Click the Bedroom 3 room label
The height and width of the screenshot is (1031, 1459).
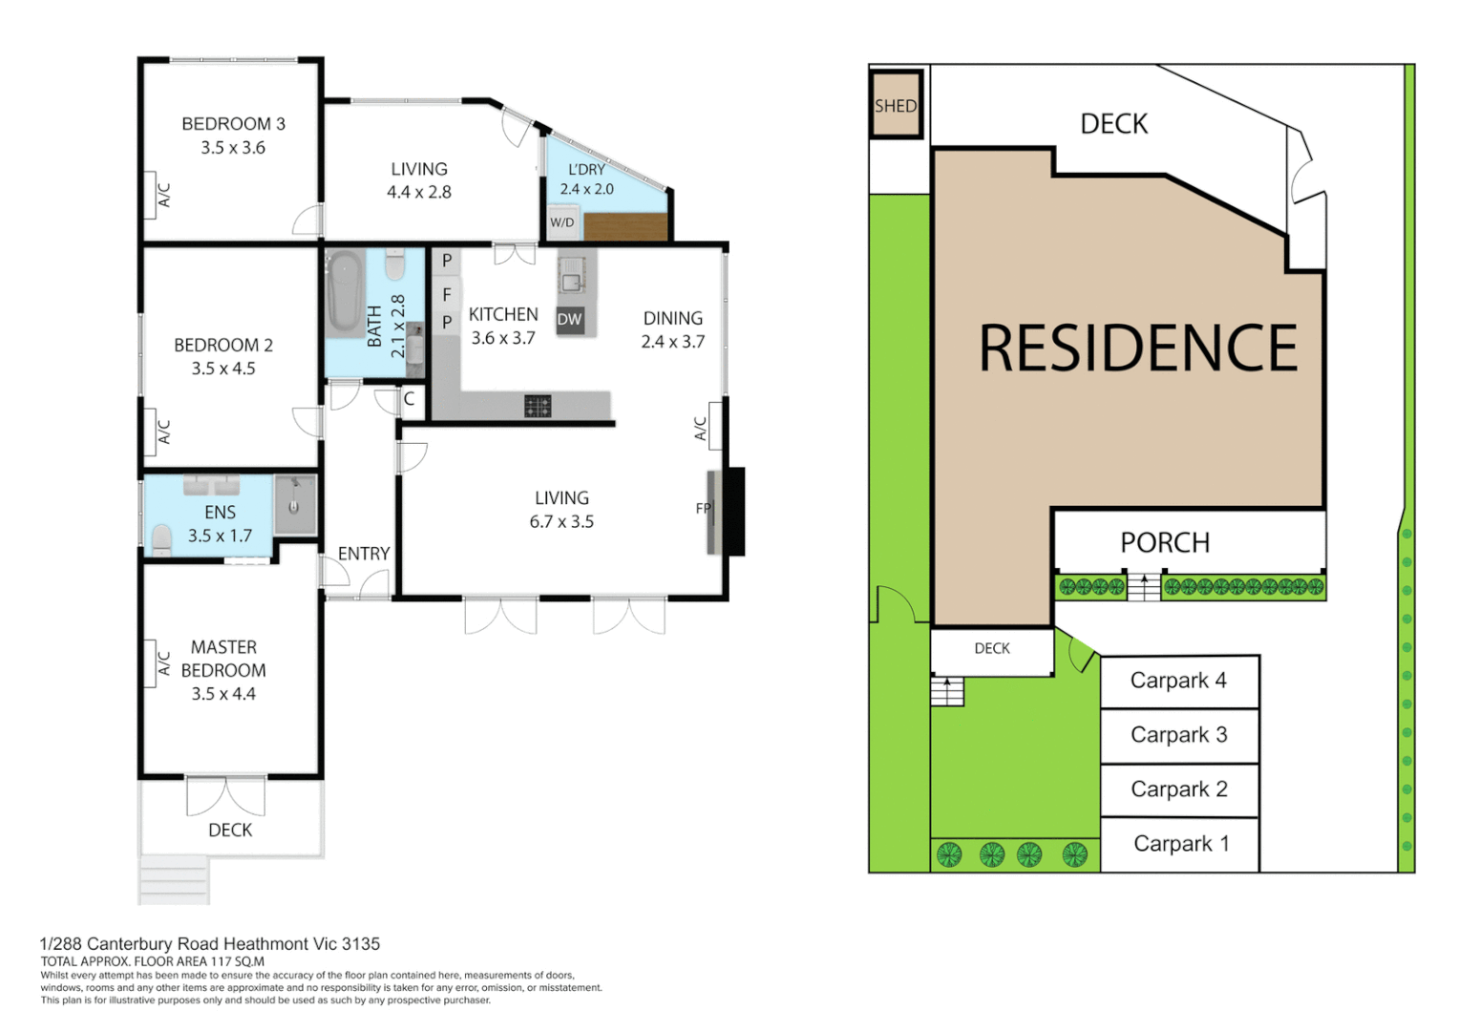click(x=233, y=124)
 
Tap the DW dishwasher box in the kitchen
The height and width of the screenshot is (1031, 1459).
click(x=569, y=320)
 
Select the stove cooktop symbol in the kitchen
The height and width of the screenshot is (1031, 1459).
click(x=538, y=407)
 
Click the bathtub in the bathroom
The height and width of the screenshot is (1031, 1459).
click(x=344, y=292)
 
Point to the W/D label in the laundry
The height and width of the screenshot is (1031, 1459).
click(x=562, y=222)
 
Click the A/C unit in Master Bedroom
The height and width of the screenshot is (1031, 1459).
click(x=163, y=663)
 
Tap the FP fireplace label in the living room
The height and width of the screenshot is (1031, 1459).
click(x=704, y=508)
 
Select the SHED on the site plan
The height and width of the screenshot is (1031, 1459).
click(x=896, y=105)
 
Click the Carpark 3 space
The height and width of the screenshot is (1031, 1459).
click(x=1179, y=735)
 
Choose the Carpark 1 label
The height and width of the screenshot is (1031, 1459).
click(x=1181, y=844)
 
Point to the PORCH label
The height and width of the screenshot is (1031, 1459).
click(x=1165, y=542)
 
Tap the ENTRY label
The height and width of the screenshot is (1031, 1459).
click(x=364, y=554)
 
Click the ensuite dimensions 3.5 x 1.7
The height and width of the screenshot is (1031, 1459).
click(x=220, y=536)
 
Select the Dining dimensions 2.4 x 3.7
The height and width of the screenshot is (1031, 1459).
click(x=673, y=342)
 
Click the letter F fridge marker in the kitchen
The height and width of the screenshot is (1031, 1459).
click(x=446, y=295)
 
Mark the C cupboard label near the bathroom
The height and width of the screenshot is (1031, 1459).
click(x=409, y=399)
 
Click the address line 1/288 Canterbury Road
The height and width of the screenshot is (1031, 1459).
click(x=210, y=943)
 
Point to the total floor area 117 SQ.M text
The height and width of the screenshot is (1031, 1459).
click(x=153, y=961)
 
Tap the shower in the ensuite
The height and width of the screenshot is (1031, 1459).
click(x=295, y=504)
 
